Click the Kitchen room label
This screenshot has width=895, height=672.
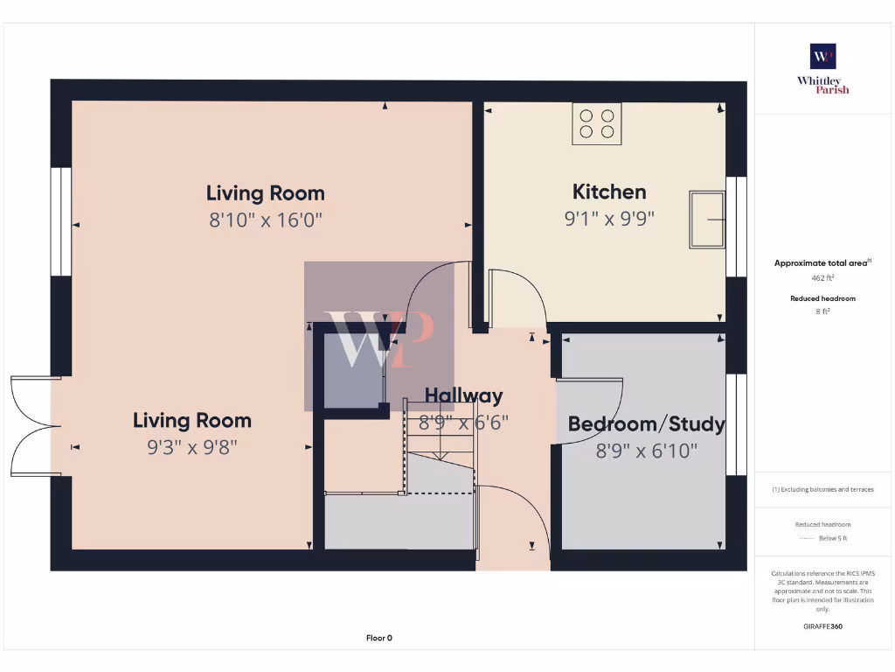[x=609, y=192]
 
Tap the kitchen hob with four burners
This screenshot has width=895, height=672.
[x=597, y=123]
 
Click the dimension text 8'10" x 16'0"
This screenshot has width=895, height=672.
[x=266, y=220]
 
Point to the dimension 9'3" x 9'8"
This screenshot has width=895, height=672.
[x=192, y=447]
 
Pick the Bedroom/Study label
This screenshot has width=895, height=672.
[x=646, y=424]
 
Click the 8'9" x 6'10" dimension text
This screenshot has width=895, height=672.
[x=646, y=451]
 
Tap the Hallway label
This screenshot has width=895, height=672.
[x=463, y=395]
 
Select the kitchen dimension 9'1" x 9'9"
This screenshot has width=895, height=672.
[x=609, y=218]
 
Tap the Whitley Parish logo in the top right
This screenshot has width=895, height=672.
[x=822, y=67]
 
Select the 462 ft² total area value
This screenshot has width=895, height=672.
[x=822, y=278]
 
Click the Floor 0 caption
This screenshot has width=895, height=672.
[x=378, y=638]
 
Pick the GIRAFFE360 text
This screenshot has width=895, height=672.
[x=822, y=626]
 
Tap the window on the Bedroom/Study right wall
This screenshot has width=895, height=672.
[x=737, y=424]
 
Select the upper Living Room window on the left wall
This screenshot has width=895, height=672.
[x=60, y=221]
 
